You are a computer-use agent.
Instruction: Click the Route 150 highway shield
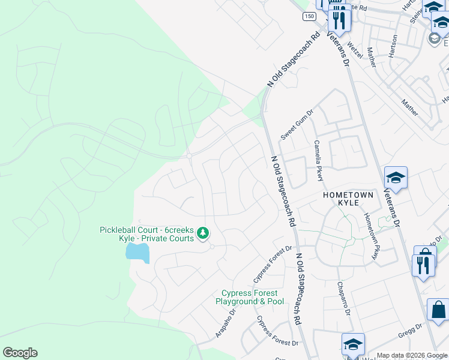point(309,17)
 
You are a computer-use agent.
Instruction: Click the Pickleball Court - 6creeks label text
point(147,234)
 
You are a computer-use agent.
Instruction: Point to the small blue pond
point(137,253)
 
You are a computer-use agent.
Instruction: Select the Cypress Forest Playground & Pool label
point(253,297)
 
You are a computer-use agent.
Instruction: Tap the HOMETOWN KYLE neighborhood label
point(348,199)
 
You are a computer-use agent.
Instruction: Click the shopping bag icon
point(438,310)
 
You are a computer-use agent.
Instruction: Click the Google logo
point(20,353)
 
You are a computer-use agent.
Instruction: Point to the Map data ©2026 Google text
point(412,355)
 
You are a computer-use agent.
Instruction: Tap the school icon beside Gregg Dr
point(354,344)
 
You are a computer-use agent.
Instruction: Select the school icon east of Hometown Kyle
point(396,178)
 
